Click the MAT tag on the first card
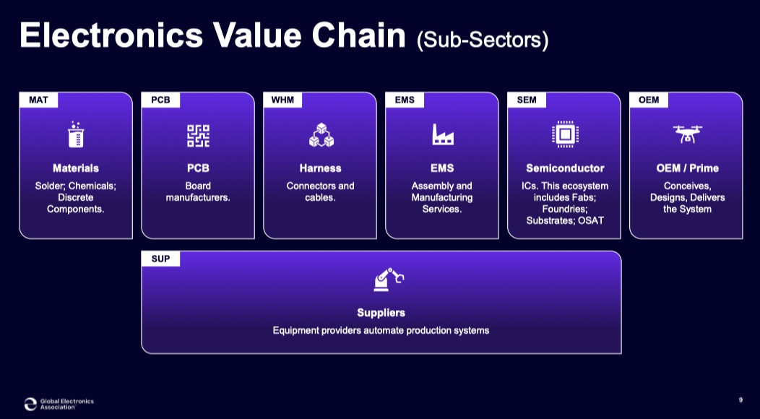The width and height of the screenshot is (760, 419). coord(39,100)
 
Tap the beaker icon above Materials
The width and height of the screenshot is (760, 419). coord(76,134)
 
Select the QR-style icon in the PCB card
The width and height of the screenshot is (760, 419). coord(198,135)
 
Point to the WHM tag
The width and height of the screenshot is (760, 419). coord(282,100)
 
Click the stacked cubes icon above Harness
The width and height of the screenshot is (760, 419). coord(321,135)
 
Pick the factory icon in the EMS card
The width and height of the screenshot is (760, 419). coord(443,134)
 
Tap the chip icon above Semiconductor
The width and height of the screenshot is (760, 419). coord(565,134)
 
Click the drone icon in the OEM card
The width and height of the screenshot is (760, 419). coord(687,134)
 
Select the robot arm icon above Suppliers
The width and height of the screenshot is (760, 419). coord(388,280)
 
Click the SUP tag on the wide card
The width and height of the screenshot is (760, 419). coord(160,259)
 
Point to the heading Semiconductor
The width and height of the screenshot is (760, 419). coord(565,168)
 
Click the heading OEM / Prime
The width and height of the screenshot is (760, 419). coord(687,168)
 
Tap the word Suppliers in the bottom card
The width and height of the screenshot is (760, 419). coord(381,313)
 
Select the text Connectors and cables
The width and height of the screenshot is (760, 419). coord(320,191)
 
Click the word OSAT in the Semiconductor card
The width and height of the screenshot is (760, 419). coord(591,220)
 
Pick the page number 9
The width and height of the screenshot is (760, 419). coord(740,400)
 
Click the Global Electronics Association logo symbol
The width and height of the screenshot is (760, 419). coord(30,404)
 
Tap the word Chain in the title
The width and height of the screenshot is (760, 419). coord(358,35)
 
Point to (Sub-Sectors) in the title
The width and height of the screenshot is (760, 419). coord(483,40)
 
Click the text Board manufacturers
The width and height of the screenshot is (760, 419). coord(198,191)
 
